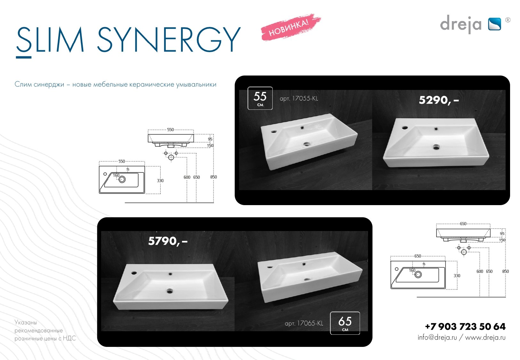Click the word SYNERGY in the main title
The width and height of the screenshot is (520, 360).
[169, 39]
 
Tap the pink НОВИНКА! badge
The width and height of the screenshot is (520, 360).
[291, 28]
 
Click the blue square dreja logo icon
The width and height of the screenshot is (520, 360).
[494, 24]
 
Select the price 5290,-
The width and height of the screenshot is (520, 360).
[439, 100]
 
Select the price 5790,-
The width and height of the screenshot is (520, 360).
[168, 241]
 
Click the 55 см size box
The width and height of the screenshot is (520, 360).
[260, 98]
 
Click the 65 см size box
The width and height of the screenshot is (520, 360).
[345, 323]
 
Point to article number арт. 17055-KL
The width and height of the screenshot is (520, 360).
[299, 99]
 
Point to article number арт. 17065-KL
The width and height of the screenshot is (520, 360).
[304, 323]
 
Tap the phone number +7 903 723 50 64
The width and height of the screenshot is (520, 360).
[465, 326]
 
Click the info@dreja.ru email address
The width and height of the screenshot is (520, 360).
[437, 337]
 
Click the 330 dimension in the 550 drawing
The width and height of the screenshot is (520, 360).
[160, 180]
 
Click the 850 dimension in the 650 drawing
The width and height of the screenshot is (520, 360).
[505, 271]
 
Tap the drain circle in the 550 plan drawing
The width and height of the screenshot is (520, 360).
[122, 180]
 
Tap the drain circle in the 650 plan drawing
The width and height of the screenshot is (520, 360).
[418, 275]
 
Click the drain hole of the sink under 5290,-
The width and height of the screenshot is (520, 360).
[436, 147]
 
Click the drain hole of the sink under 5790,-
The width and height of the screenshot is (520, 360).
[170, 291]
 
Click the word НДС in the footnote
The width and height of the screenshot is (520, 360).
[69, 338]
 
